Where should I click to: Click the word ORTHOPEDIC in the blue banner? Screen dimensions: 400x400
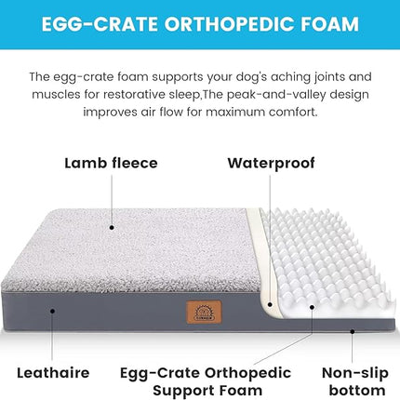(213, 24)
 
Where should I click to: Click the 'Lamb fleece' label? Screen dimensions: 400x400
(111, 163)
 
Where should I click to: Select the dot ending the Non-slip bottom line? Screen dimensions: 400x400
(354, 329)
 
